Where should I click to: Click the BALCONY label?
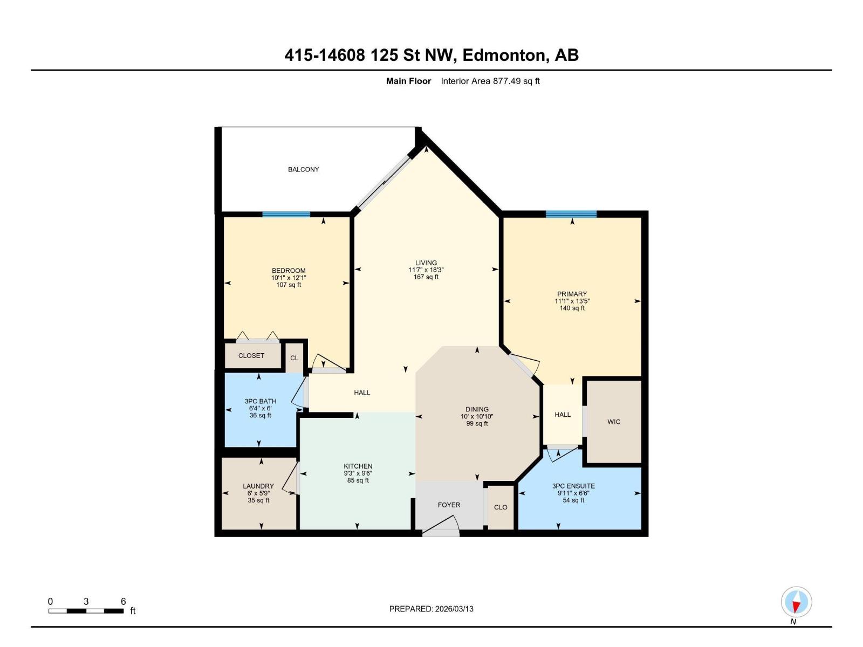(x=303, y=169)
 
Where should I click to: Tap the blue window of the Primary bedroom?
(x=571, y=214)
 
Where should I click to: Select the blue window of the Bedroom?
(x=286, y=214)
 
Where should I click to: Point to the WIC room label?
(x=614, y=422)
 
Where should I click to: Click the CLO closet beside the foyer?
(x=501, y=507)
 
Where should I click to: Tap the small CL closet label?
(x=294, y=358)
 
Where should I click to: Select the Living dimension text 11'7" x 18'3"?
(x=426, y=270)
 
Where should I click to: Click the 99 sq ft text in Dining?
(x=477, y=424)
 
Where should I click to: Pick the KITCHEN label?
(x=358, y=466)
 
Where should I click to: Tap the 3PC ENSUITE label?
(x=573, y=486)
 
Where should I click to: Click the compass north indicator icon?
(x=796, y=602)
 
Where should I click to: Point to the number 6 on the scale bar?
(x=124, y=601)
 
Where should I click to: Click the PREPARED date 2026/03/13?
(x=454, y=609)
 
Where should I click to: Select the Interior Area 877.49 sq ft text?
(x=490, y=81)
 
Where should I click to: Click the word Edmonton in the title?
(x=504, y=55)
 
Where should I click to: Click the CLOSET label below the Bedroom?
(x=251, y=355)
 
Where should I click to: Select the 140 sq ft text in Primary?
(x=572, y=308)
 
